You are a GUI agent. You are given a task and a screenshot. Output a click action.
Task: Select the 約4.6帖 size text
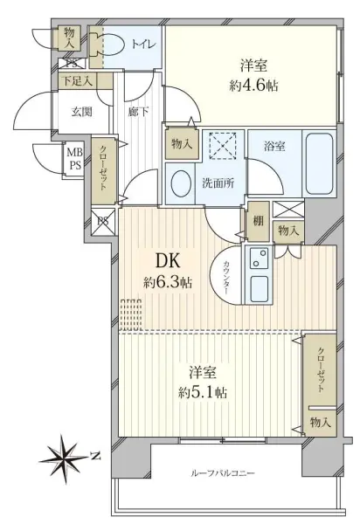coord(254,86)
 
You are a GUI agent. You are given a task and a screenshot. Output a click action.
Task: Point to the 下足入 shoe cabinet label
coord(76,81)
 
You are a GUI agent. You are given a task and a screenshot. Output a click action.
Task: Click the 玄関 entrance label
coord(81,111)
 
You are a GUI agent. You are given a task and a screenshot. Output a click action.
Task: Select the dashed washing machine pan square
coord(223,145)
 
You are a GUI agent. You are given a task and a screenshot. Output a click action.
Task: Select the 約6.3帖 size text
coord(169,283)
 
